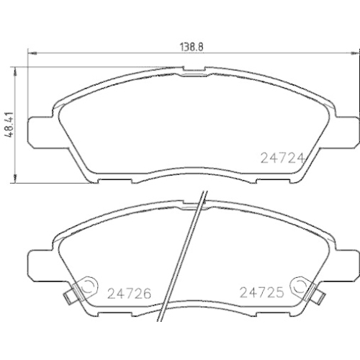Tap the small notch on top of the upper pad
coord(192,70)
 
